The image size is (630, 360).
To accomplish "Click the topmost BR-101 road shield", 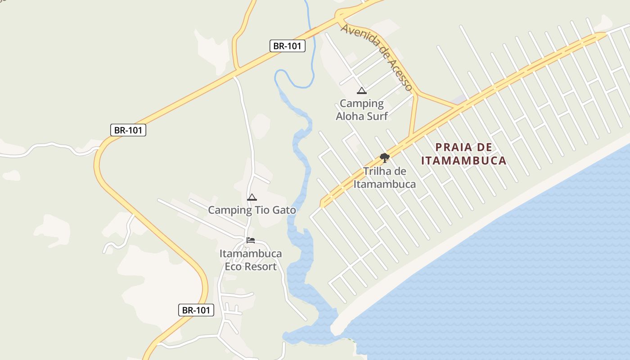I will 288,46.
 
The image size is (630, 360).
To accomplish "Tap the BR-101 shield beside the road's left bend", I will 128,130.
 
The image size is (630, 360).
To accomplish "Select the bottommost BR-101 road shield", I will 196,310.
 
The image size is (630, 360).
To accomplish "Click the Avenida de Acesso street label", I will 377,56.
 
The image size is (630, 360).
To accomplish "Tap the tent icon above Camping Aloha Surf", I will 361,91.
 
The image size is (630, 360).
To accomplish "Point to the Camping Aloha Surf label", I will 362,110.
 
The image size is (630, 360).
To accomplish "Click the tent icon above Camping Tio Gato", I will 252,197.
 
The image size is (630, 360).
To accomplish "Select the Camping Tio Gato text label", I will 252,210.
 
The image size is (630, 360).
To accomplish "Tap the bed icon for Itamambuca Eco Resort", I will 251,240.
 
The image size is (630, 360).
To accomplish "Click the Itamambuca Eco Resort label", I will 251,260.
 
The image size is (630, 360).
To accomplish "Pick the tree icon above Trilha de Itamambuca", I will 384,157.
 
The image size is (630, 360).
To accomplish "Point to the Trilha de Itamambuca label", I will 384,178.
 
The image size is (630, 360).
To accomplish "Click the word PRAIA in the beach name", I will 452,147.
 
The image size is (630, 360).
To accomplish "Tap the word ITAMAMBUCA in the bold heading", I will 464,160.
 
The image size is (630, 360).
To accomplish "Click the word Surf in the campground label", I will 377,116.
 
